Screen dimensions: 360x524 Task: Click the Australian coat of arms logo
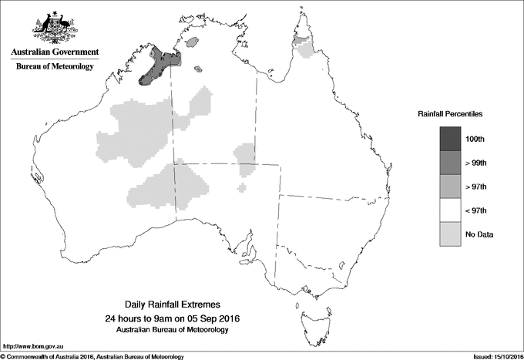[x=55, y=26]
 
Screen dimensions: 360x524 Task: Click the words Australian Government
[x=55, y=52]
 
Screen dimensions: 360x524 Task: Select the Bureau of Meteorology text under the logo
[x=55, y=66]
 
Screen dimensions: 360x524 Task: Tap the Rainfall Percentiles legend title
[x=450, y=114]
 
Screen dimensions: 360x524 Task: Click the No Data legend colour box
[x=450, y=234]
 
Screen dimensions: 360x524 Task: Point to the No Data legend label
[x=479, y=234]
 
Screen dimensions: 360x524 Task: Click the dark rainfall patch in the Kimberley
[x=158, y=66]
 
